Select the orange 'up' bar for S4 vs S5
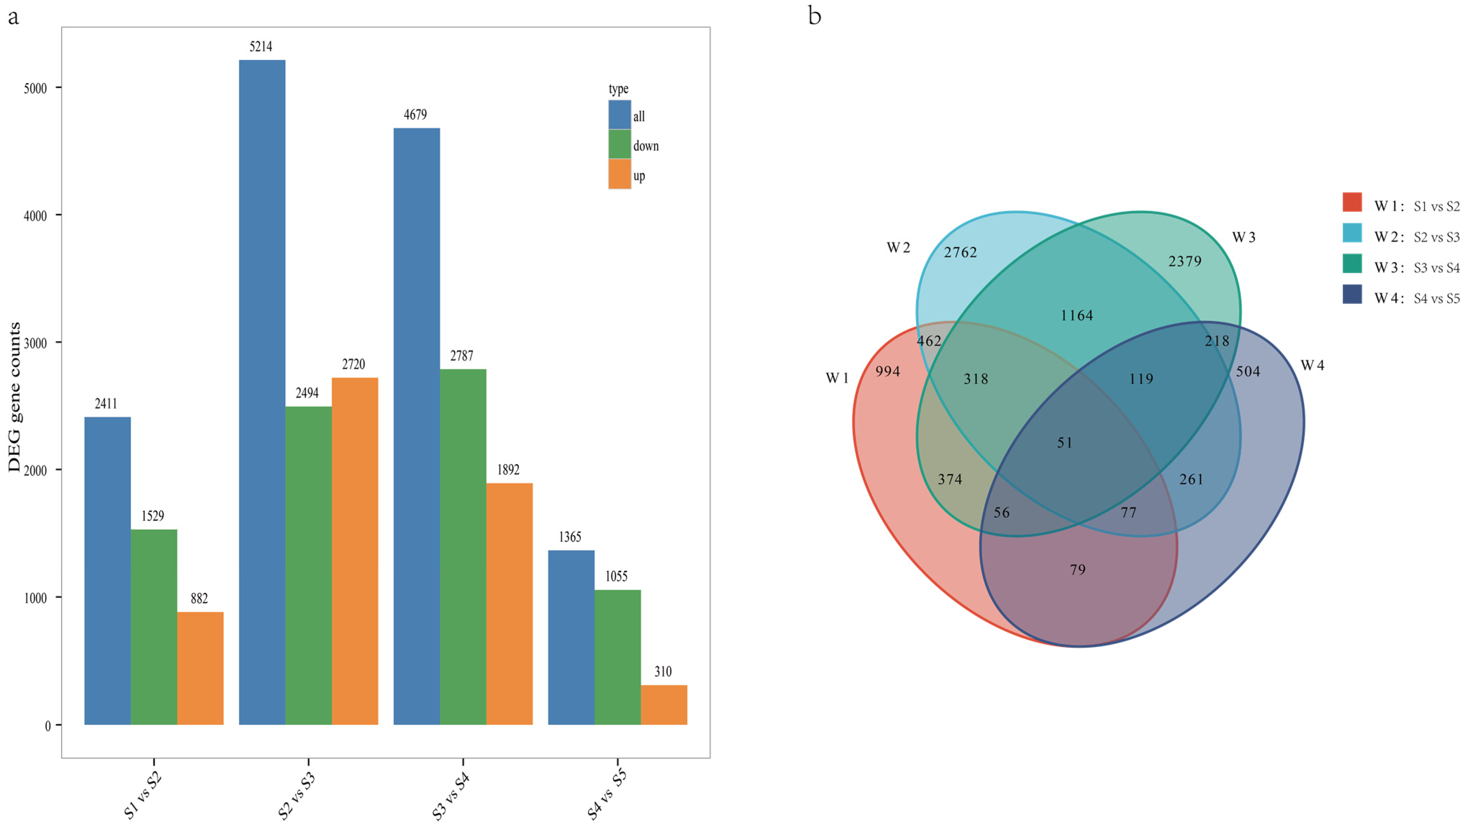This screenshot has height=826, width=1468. tap(664, 705)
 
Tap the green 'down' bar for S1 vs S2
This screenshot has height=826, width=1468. tap(154, 627)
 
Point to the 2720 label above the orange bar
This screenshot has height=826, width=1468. tap(353, 364)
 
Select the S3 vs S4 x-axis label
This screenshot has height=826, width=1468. tap(450, 795)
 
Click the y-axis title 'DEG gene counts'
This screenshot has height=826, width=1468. tap(14, 397)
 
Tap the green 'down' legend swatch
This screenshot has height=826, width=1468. tap(620, 144)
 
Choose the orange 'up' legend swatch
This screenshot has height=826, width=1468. tap(620, 174)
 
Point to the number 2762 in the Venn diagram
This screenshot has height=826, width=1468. tap(960, 252)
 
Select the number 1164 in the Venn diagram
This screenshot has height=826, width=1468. tap(1077, 316)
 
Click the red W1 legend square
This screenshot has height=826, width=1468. tap(1352, 202)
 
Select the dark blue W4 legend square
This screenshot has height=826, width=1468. tap(1352, 295)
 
